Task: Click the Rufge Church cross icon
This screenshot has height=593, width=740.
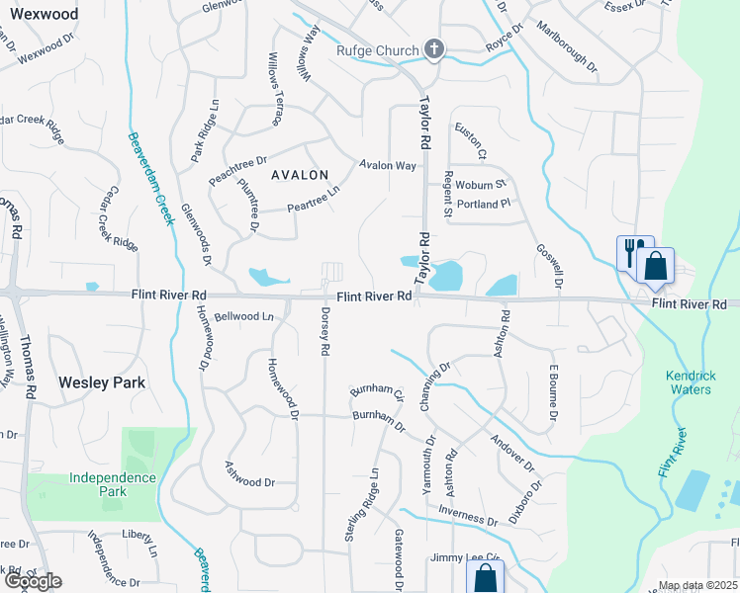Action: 432,48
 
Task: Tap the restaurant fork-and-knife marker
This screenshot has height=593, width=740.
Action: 632,251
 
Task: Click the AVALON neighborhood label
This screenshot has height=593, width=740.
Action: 294,175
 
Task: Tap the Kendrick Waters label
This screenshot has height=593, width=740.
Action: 688,383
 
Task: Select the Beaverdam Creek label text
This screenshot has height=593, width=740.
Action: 151,179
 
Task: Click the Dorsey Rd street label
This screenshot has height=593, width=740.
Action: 324,329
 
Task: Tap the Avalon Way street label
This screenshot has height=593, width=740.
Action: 388,165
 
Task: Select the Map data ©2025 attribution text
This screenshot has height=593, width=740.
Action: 696,585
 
